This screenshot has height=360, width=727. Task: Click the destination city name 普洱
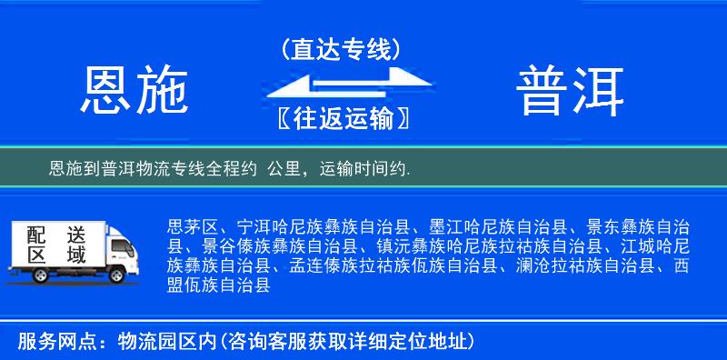[x=571, y=91]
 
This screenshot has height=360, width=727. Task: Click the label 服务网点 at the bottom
[x=52, y=343]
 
